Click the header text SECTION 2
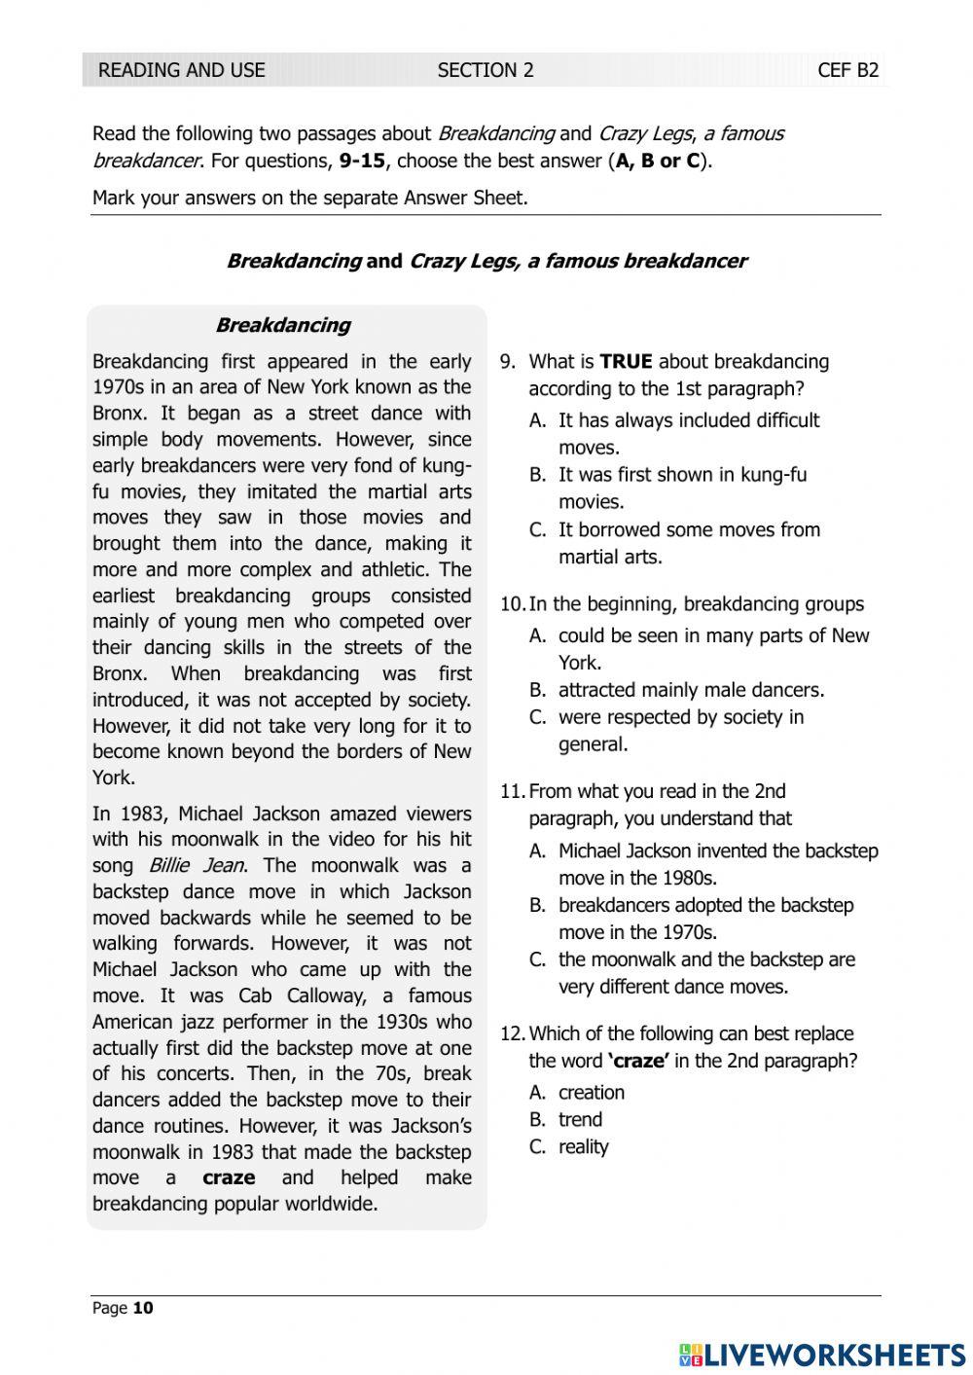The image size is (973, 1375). pyautogui.click(x=486, y=70)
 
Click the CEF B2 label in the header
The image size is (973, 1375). pyautogui.click(x=847, y=70)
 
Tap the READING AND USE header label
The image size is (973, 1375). pyautogui.click(x=182, y=70)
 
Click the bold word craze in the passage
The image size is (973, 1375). pyautogui.click(x=229, y=1177)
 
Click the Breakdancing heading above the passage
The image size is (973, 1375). pyautogui.click(x=282, y=325)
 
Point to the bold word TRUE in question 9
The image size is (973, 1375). pyautogui.click(x=626, y=362)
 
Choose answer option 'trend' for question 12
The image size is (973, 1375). pyautogui.click(x=580, y=1119)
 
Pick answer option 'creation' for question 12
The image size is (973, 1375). pyautogui.click(x=591, y=1092)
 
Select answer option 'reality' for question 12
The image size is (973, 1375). pyautogui.click(x=583, y=1146)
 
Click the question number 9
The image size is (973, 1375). pyautogui.click(x=507, y=362)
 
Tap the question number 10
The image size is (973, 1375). pyautogui.click(x=512, y=604)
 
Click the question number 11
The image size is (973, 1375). pyautogui.click(x=512, y=791)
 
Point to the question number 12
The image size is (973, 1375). pyautogui.click(x=512, y=1033)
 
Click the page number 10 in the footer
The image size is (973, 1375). pyautogui.click(x=143, y=1308)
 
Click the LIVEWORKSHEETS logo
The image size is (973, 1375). pyautogui.click(x=822, y=1355)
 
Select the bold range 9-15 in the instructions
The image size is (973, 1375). pyautogui.click(x=362, y=161)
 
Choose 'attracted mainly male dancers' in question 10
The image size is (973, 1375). pyautogui.click(x=691, y=690)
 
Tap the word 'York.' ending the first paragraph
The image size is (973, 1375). pyautogui.click(x=114, y=778)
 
